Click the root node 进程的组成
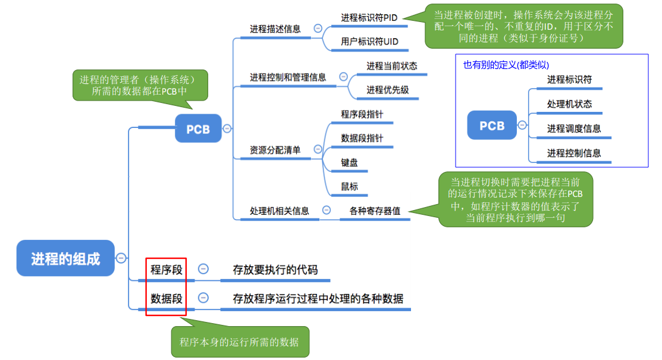(65, 258)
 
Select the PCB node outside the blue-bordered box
(198, 129)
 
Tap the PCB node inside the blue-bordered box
(492, 126)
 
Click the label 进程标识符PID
(369, 18)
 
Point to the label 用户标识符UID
(369, 42)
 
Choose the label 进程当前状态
(391, 66)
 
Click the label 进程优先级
(387, 90)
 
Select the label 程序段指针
(362, 114)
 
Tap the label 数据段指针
(362, 138)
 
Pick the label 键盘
(349, 162)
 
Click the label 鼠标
(349, 186)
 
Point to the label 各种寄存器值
(375, 211)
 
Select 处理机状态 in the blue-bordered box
(569, 104)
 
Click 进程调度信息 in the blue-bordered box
(574, 129)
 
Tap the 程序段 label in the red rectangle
(166, 270)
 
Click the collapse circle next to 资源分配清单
(318, 149)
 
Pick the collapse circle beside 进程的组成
(121, 258)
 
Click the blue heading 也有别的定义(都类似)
(506, 65)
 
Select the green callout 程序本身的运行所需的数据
(239, 342)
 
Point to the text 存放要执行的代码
(275, 270)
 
